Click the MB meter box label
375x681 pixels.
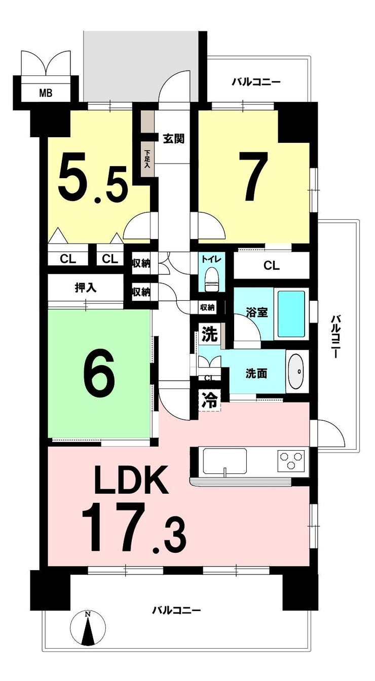[x=46, y=93]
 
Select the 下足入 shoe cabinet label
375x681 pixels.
[x=147, y=159]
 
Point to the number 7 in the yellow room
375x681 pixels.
[x=253, y=176]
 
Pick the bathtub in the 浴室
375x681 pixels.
[x=291, y=314]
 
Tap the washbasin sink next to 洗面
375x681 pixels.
[x=297, y=371]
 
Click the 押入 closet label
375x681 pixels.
[x=86, y=287]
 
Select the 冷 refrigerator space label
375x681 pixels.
[x=210, y=401]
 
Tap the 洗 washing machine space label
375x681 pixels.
[x=210, y=335]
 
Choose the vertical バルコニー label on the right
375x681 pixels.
[x=335, y=337]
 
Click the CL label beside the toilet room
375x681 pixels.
[x=271, y=266]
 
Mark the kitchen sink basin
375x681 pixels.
[x=224, y=461]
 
